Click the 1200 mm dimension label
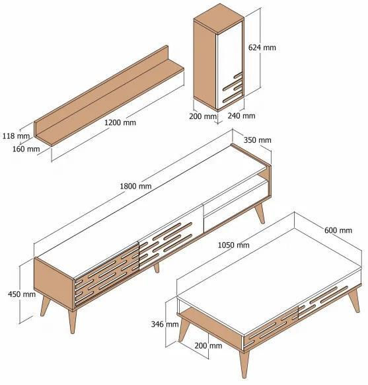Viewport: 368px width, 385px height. pos(120,122)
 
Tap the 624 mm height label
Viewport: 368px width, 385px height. pos(262,48)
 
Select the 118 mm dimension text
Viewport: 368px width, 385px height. pos(16,136)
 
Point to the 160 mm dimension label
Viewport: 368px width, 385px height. pos(26,149)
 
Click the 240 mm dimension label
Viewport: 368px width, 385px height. pos(241,116)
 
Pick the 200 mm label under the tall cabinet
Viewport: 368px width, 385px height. pos(203,116)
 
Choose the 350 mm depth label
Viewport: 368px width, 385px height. pos(258,140)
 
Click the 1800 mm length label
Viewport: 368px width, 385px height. pos(135,186)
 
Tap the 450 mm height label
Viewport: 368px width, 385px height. pos(22,294)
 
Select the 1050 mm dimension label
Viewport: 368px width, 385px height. pos(234,245)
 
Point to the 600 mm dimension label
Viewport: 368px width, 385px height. pos(338,230)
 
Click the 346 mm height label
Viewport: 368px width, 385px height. pos(165,324)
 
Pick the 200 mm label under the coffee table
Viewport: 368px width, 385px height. pos(208,346)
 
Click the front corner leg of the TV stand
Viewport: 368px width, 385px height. pos(72,321)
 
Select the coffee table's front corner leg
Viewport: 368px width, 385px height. pos(245,363)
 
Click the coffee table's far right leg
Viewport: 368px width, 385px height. pos(355,300)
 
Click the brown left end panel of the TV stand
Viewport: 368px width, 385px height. pos(54,284)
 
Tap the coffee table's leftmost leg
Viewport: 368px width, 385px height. pos(184,329)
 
